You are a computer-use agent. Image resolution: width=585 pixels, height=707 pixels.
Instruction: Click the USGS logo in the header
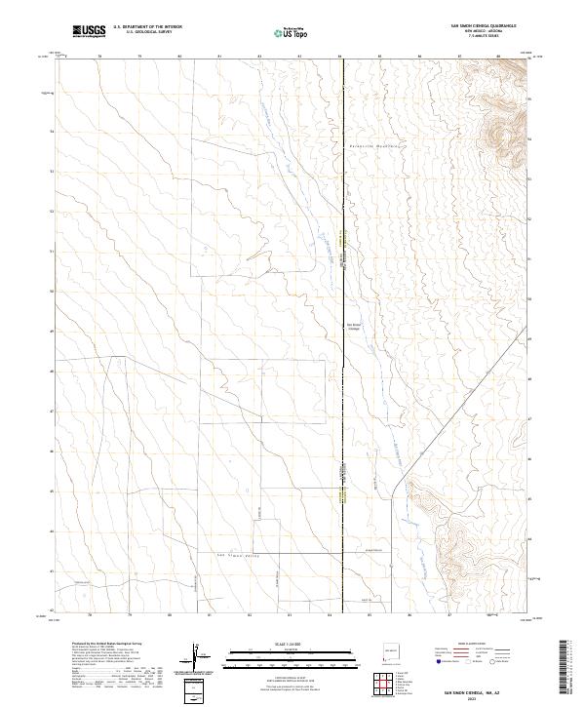[91, 31]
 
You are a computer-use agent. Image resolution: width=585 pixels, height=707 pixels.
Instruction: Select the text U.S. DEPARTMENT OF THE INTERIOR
[148, 27]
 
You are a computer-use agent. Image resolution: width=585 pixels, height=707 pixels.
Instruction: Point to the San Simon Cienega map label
[354, 326]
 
